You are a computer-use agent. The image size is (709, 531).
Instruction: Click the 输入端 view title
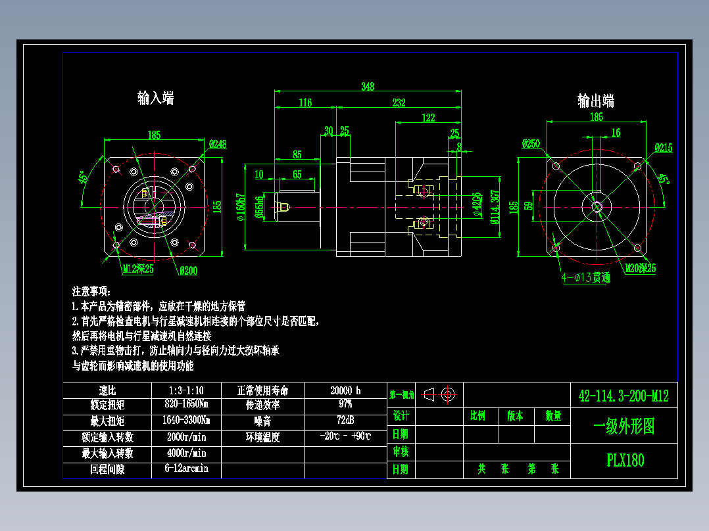click(x=156, y=99)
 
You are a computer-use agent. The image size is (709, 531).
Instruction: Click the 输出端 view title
click(x=596, y=101)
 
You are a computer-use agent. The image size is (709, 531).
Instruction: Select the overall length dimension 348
click(x=368, y=86)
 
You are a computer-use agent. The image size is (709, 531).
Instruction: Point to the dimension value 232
click(x=399, y=103)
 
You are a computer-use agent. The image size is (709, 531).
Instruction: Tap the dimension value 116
click(x=305, y=103)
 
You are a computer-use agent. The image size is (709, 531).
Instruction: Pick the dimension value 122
click(x=428, y=118)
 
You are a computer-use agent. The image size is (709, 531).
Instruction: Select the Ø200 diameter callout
click(x=188, y=270)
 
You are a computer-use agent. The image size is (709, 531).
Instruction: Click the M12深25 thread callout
click(x=138, y=268)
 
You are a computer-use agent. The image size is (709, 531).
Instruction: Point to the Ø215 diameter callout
click(x=663, y=149)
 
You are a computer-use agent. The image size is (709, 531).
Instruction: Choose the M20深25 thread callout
click(x=641, y=267)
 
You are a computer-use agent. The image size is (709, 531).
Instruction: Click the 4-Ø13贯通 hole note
click(x=585, y=277)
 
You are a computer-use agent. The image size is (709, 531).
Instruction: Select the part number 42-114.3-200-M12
click(x=623, y=396)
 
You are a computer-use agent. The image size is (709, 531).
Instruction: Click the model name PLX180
click(x=625, y=460)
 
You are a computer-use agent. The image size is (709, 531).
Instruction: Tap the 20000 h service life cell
click(x=345, y=390)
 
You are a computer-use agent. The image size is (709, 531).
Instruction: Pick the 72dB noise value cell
click(x=345, y=420)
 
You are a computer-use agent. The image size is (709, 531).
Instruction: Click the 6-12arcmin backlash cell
click(x=187, y=469)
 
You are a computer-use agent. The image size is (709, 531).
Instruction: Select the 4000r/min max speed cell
click(x=187, y=453)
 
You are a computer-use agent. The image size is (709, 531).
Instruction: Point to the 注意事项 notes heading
click(x=92, y=291)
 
